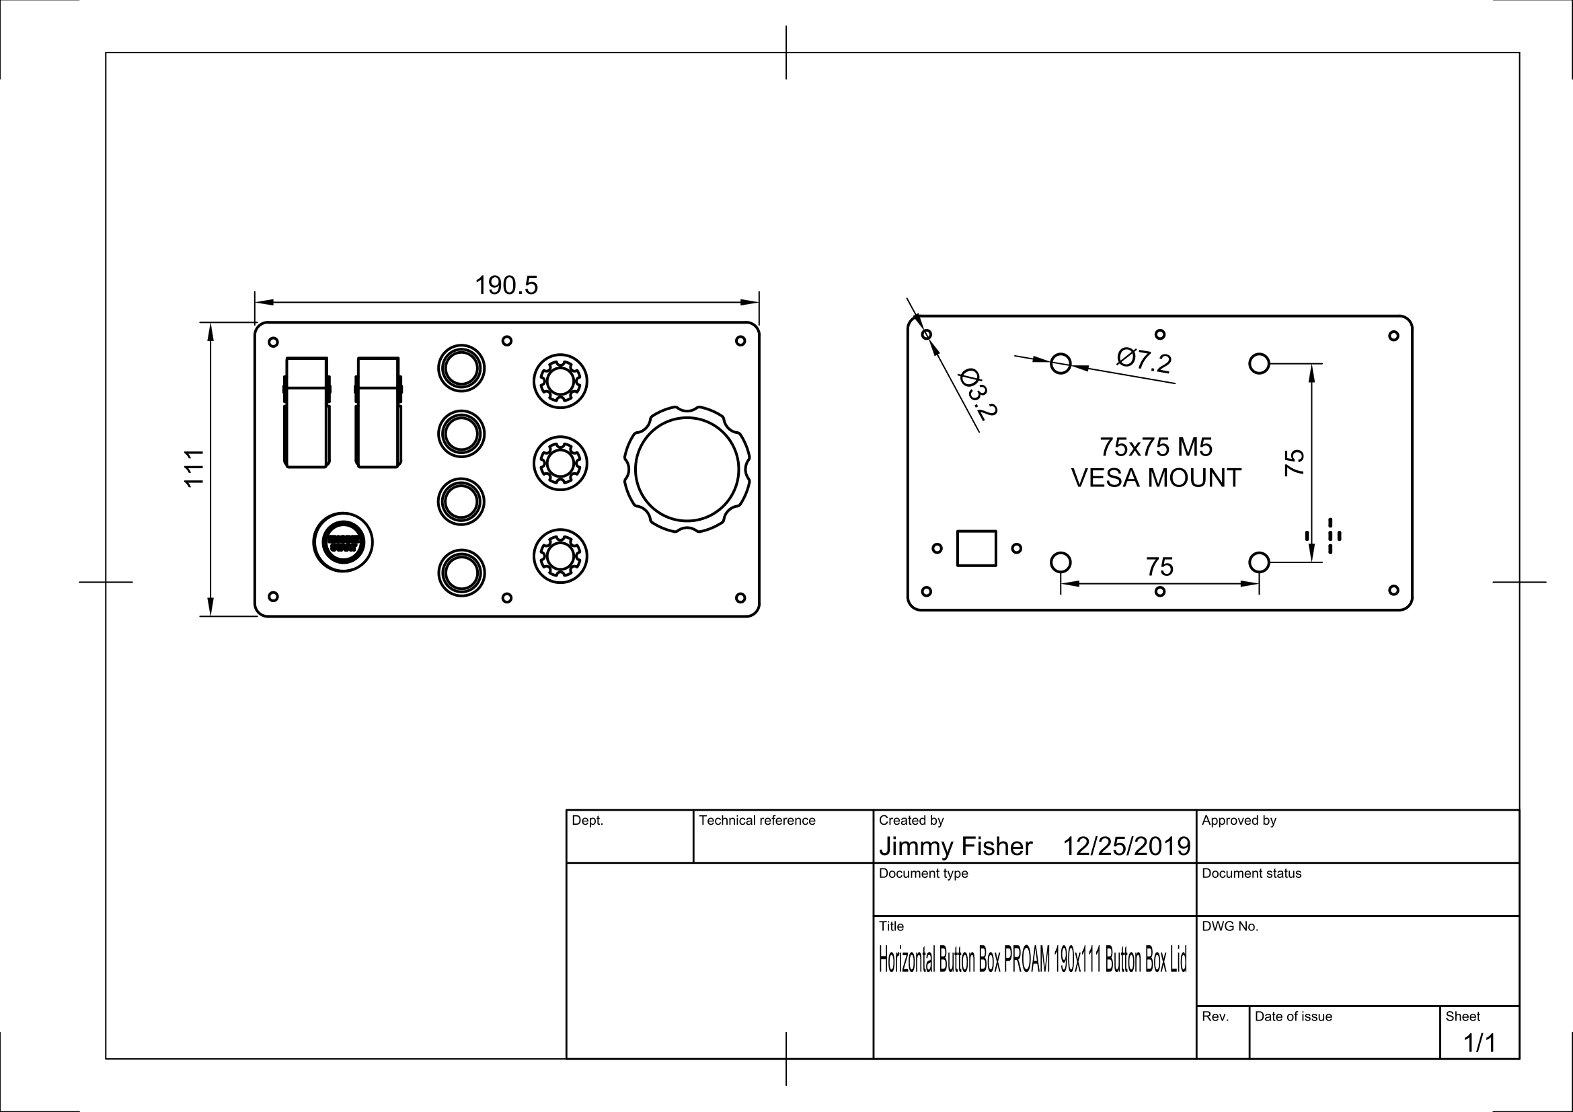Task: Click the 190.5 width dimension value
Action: [x=506, y=286]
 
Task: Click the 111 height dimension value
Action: [x=194, y=468]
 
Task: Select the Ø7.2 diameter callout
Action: [x=1143, y=361]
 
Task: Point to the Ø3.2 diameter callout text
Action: [x=978, y=394]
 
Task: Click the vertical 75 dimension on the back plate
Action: [x=1293, y=462]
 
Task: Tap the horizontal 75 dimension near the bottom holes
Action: [x=1159, y=566]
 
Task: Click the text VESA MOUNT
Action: [x=1156, y=478]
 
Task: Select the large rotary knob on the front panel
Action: [x=687, y=470]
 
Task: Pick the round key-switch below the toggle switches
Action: [x=342, y=542]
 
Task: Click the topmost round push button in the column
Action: [x=461, y=369]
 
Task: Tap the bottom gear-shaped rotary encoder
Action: [x=560, y=556]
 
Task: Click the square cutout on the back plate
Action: [x=976, y=548]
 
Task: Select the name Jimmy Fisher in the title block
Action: [x=955, y=847]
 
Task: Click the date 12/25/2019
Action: [x=1126, y=847]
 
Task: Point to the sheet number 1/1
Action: [x=1479, y=1043]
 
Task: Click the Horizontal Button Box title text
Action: [x=1032, y=961]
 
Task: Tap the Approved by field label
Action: [x=1239, y=820]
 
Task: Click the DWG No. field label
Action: [x=1230, y=926]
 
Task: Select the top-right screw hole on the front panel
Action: [x=740, y=340]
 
